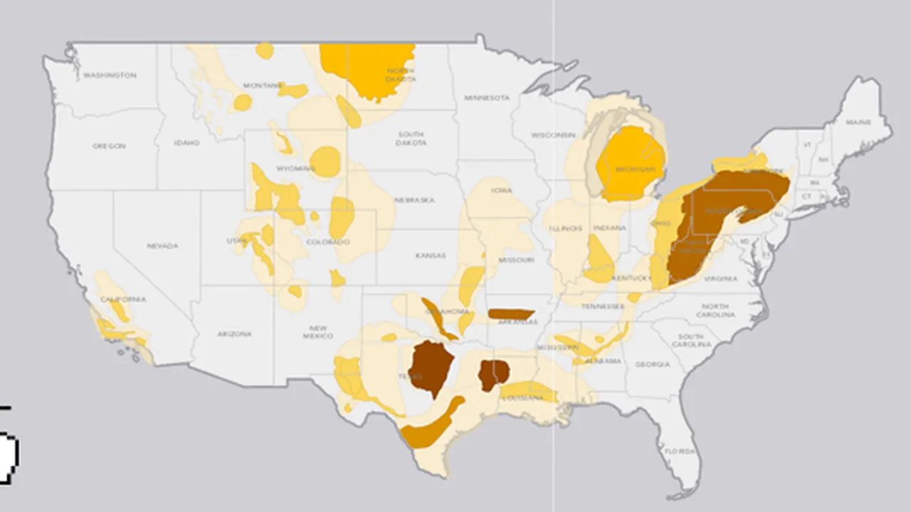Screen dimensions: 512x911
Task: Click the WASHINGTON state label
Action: point(110,75)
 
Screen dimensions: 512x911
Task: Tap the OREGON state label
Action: point(109,146)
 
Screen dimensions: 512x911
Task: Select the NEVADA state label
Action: point(162,246)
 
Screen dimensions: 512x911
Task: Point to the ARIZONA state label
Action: point(235,334)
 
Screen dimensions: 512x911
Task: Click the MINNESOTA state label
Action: point(487,97)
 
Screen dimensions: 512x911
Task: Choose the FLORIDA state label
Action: point(679,451)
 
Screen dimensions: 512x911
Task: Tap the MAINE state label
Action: point(858,122)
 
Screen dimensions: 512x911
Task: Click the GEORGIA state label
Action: point(653,364)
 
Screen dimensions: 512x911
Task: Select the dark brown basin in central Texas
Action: point(430,366)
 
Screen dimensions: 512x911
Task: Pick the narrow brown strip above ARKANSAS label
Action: point(510,314)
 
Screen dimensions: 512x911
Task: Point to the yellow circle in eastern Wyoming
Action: point(326,161)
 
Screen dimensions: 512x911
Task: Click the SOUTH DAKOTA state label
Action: point(411,138)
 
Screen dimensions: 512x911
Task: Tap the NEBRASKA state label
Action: point(414,200)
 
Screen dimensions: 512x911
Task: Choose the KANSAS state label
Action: point(431,255)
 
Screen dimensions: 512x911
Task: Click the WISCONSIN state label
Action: point(552,134)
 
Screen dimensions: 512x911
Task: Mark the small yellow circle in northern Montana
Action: point(264,50)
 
